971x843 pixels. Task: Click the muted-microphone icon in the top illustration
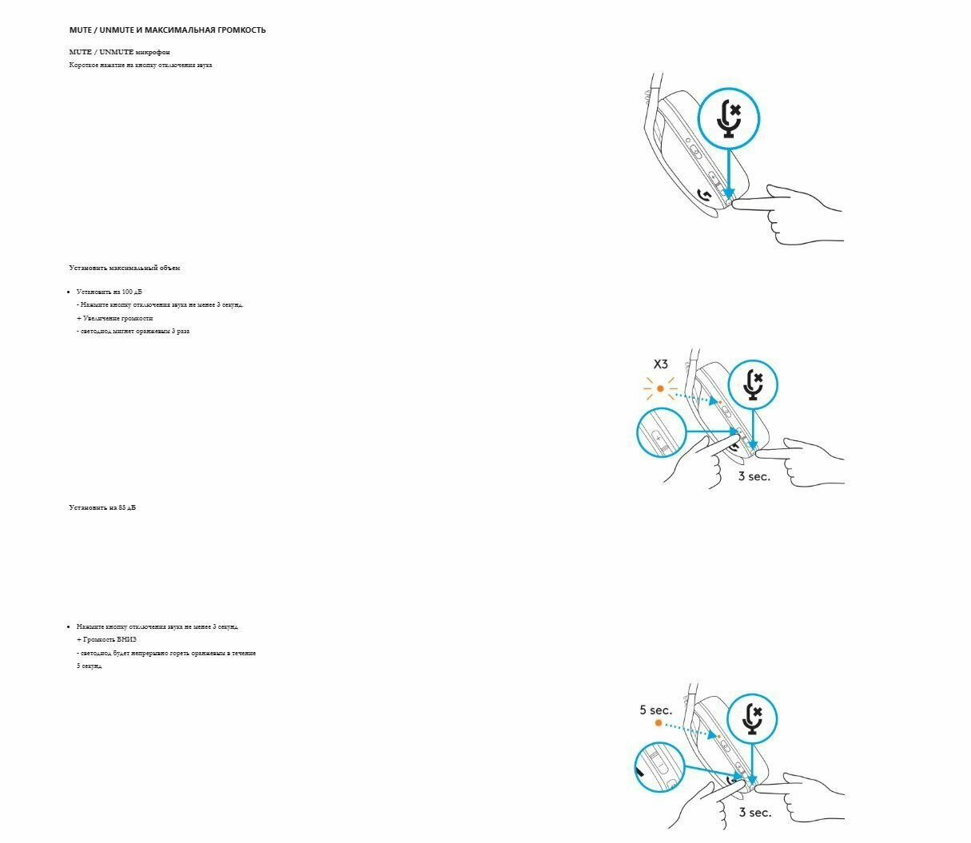pos(728,118)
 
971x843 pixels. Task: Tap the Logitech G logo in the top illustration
pos(705,195)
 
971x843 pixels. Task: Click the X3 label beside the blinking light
pos(660,364)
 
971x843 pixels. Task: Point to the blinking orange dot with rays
pos(660,389)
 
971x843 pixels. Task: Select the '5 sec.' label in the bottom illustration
pos(655,710)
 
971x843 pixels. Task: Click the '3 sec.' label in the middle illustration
pos(754,476)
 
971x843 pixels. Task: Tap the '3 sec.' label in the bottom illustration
pos(754,812)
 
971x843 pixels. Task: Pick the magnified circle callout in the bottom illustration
pos(661,769)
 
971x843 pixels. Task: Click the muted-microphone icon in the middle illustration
pos(752,384)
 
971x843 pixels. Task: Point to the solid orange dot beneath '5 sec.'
pos(659,723)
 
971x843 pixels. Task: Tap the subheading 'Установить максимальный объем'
pos(125,268)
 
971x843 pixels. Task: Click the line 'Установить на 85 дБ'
pos(102,507)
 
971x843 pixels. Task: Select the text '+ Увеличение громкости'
pos(114,318)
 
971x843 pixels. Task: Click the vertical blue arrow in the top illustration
pos(729,172)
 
